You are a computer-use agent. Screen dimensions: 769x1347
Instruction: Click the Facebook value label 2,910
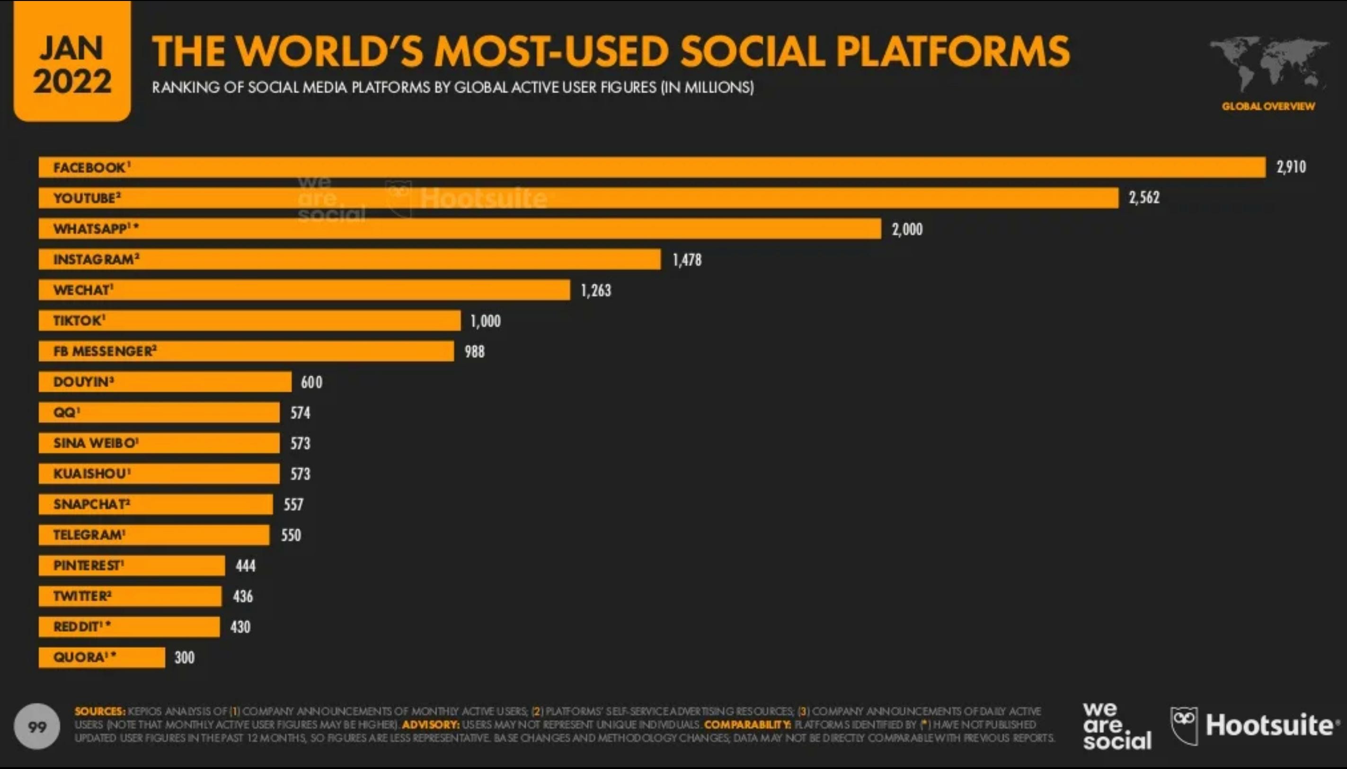coord(1291,167)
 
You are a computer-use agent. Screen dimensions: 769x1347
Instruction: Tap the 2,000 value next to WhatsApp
coord(907,229)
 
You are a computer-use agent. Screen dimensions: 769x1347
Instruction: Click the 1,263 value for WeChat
coord(595,290)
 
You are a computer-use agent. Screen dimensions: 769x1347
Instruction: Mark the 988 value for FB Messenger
coord(474,352)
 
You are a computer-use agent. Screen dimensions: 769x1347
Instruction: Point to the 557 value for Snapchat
coord(293,505)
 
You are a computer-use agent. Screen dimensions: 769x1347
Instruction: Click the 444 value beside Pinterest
coord(245,566)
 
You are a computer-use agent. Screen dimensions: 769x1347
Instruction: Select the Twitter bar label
coord(82,596)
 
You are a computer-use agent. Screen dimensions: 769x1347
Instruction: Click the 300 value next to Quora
coord(185,657)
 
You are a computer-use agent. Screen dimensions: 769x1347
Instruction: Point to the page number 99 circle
coord(37,727)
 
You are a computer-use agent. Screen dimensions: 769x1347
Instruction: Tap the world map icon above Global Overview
coord(1268,63)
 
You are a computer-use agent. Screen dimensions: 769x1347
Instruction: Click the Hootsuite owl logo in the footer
coord(1184,725)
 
